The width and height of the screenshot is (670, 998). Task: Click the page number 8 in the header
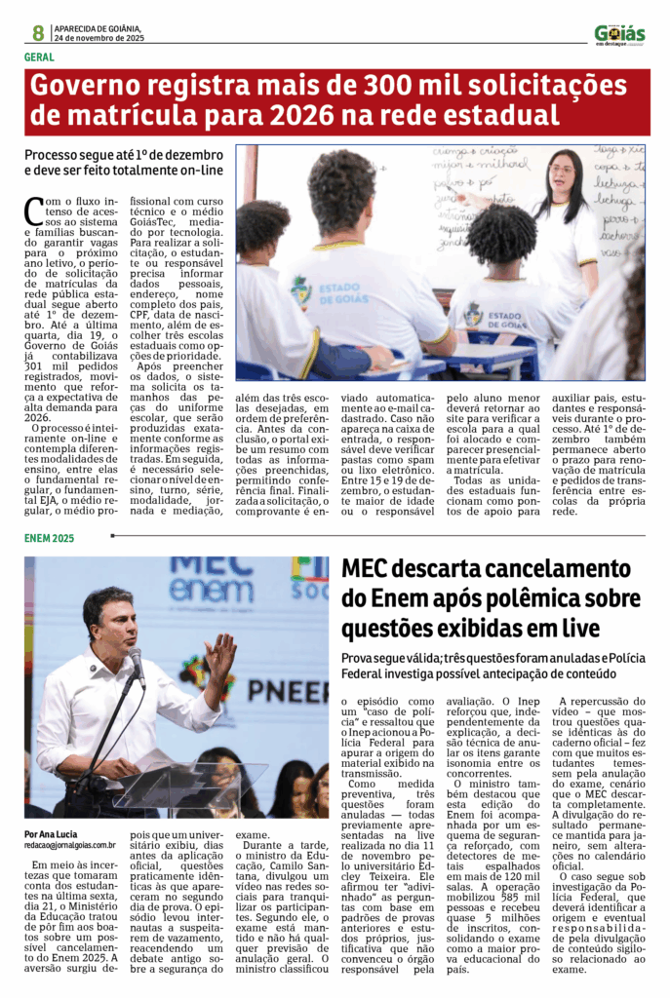(37, 32)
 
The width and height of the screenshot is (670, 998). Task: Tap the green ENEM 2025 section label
(50, 539)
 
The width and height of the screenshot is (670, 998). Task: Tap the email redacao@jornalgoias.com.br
(70, 846)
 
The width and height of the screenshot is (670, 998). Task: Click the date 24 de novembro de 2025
(99, 38)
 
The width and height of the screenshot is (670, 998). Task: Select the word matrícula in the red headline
(129, 117)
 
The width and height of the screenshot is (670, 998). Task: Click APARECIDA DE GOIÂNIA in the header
(98, 27)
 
